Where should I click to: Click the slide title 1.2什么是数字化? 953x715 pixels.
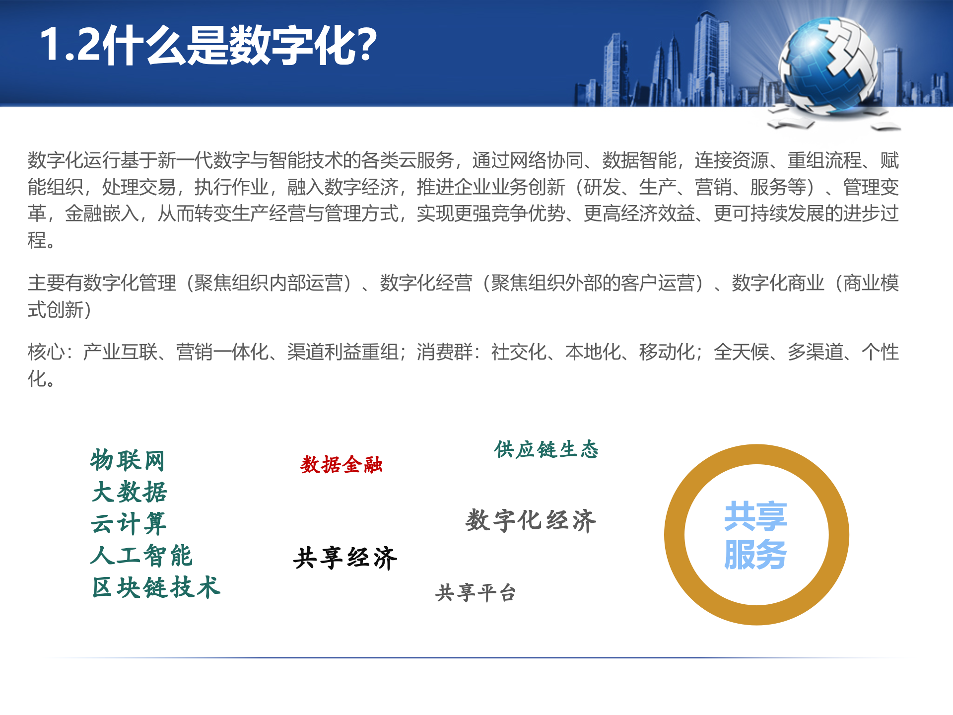(x=208, y=46)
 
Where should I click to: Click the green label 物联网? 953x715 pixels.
(x=128, y=460)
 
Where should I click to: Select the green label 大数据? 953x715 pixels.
(x=130, y=492)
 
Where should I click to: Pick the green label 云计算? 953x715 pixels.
(x=129, y=524)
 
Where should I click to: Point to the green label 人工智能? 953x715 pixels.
(x=141, y=556)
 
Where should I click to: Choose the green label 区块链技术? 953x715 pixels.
(x=156, y=588)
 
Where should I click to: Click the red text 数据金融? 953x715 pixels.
(x=341, y=465)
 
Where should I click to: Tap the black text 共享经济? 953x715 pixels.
(x=345, y=558)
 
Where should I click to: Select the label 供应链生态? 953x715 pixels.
(x=546, y=449)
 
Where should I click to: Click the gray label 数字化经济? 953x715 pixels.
(x=531, y=521)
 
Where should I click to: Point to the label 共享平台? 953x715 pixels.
(x=476, y=593)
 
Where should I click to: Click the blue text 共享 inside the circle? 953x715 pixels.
(x=755, y=516)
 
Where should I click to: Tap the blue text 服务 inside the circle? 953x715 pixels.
(x=755, y=555)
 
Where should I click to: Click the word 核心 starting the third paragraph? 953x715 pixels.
(x=46, y=352)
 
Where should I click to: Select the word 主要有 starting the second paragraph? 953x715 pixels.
(x=55, y=283)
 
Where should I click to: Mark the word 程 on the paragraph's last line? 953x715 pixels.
(x=37, y=240)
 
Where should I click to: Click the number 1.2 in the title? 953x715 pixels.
(x=69, y=46)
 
